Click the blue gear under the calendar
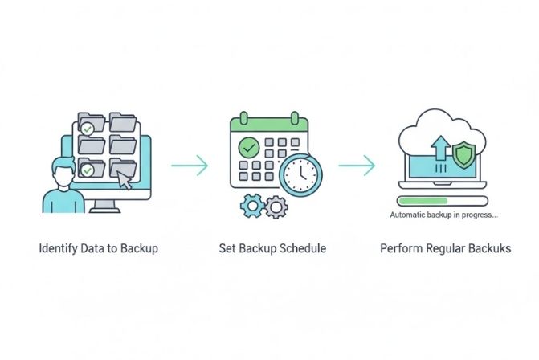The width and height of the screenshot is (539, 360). click(251, 206)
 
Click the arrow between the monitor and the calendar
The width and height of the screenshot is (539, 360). click(190, 166)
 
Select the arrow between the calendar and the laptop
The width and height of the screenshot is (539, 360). click(356, 166)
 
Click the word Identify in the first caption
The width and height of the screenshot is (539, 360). click(59, 248)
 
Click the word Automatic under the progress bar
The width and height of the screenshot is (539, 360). click(408, 215)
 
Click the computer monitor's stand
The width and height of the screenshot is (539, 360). click(104, 207)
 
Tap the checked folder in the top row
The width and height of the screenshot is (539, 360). click(89, 126)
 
